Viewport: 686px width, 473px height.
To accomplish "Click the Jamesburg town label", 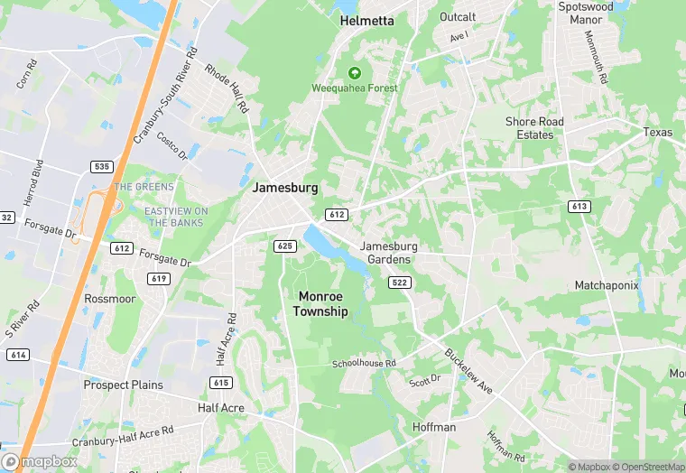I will point(285,188).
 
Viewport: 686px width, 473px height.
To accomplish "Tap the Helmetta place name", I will point(366,21).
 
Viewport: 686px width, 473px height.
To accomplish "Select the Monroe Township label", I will point(320,303).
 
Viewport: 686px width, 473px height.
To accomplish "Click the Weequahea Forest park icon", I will point(354,72).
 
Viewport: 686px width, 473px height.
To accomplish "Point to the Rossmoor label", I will point(109,298).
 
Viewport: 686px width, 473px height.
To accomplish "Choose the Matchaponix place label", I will point(607,285).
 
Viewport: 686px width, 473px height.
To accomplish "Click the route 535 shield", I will point(101,167).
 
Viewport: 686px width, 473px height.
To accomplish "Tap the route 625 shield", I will point(285,246).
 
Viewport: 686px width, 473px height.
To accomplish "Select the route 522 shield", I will point(400,283).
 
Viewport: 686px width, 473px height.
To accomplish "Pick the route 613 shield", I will point(579,207).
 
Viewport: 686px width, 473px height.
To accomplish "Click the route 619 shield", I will point(160,278).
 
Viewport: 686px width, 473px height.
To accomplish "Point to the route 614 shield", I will point(17,355).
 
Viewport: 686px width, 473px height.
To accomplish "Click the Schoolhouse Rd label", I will point(364,363).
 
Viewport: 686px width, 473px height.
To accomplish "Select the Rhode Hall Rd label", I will point(227,88).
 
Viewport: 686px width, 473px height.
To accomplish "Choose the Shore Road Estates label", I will point(534,128).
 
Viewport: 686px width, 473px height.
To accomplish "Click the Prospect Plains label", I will point(124,385).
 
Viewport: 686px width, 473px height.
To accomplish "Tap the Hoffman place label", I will point(434,426).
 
